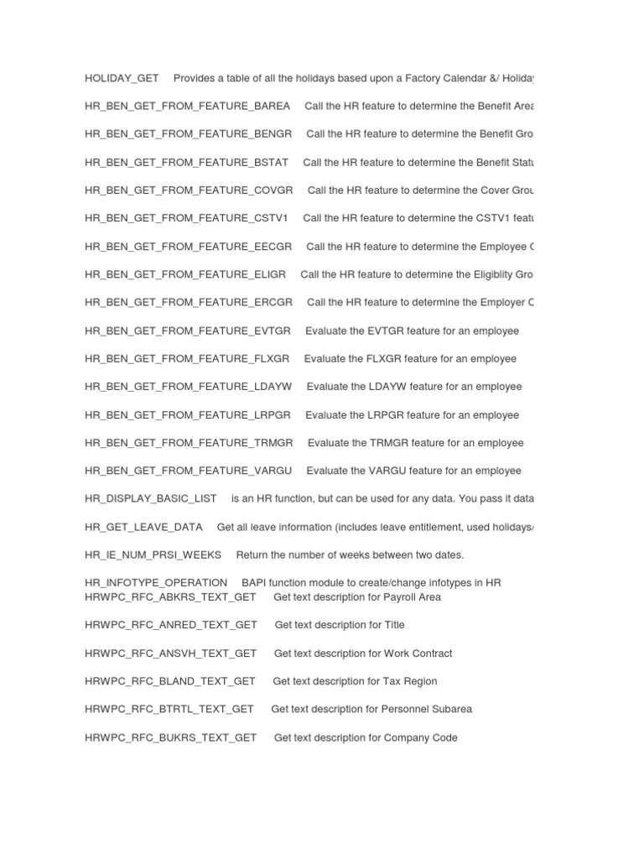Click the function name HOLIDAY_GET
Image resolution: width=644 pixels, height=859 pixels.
(122, 79)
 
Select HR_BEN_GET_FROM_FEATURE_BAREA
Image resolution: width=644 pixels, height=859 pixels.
(187, 107)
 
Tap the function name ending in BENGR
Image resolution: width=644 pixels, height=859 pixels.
(188, 134)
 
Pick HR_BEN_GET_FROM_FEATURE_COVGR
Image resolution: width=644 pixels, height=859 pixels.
(189, 190)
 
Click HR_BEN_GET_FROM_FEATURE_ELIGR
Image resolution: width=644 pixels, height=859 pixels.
(185, 274)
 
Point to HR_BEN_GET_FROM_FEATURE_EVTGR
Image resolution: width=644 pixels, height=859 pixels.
(188, 331)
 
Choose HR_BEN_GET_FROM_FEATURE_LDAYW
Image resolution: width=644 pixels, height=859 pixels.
(188, 387)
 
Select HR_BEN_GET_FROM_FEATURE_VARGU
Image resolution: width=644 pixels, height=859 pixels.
(188, 471)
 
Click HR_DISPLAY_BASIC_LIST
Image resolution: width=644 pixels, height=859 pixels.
(150, 499)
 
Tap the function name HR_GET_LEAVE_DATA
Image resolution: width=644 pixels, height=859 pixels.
(143, 527)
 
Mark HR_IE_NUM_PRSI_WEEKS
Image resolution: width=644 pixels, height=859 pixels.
(153, 554)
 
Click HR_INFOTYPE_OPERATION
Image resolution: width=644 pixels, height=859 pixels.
(156, 583)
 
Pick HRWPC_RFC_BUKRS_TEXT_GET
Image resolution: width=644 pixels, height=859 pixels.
(170, 737)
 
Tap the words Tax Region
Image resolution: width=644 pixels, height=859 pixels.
(410, 681)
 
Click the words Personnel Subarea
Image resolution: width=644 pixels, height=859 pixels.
(426, 709)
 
